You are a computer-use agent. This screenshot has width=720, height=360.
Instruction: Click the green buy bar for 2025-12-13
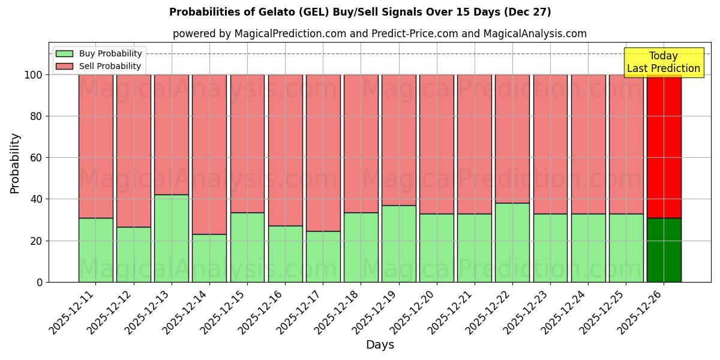tap(172, 238)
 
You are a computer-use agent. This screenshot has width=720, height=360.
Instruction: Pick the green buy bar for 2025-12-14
tap(209, 258)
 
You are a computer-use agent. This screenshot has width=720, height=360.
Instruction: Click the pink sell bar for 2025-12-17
tap(323, 153)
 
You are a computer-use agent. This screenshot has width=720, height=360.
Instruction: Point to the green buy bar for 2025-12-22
tap(512, 242)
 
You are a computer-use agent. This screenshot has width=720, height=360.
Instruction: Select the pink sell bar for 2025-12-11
tap(95, 146)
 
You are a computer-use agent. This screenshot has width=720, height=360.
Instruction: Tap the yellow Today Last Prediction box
tap(663, 62)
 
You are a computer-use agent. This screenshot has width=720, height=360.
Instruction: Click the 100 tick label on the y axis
tap(34, 75)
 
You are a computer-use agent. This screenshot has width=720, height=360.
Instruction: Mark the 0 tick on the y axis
tap(40, 282)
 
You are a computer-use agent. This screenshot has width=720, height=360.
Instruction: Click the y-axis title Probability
tap(15, 163)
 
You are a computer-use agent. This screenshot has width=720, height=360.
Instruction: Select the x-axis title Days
tap(380, 345)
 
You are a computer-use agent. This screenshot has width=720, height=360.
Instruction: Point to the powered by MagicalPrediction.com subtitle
tap(379, 34)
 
